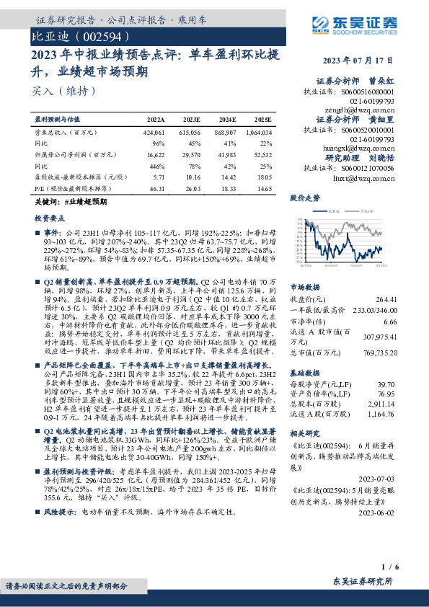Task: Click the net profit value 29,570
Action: coord(191,155)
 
